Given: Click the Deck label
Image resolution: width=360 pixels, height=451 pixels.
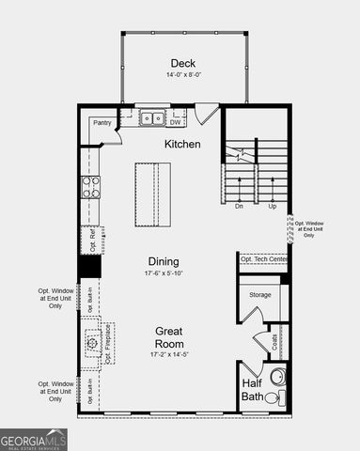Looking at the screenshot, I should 183,64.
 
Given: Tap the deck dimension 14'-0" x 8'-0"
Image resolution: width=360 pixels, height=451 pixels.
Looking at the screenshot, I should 183,75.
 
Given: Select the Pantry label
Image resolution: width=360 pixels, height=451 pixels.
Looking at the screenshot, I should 102,122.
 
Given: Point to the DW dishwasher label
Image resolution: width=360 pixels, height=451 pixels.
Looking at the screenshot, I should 176,120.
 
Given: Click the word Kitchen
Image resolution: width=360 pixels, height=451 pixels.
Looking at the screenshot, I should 183,144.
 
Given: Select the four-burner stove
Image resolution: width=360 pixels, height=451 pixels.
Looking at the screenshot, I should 90,187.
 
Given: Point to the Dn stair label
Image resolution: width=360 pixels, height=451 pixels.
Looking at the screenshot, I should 240,205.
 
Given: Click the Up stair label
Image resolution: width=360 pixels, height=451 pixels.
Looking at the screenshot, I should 273,205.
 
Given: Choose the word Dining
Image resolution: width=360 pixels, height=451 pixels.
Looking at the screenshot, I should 164,261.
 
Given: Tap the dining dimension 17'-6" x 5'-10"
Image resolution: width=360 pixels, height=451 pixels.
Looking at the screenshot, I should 164,273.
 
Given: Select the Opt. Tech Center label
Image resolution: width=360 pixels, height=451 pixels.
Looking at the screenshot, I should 264,259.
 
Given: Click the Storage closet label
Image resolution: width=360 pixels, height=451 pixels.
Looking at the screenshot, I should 259,295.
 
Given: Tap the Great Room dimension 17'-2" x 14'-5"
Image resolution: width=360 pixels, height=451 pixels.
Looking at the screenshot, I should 169,355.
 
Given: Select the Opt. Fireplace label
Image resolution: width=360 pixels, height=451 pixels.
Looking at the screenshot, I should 108,345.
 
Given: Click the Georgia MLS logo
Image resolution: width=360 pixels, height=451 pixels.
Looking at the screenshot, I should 34,440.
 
